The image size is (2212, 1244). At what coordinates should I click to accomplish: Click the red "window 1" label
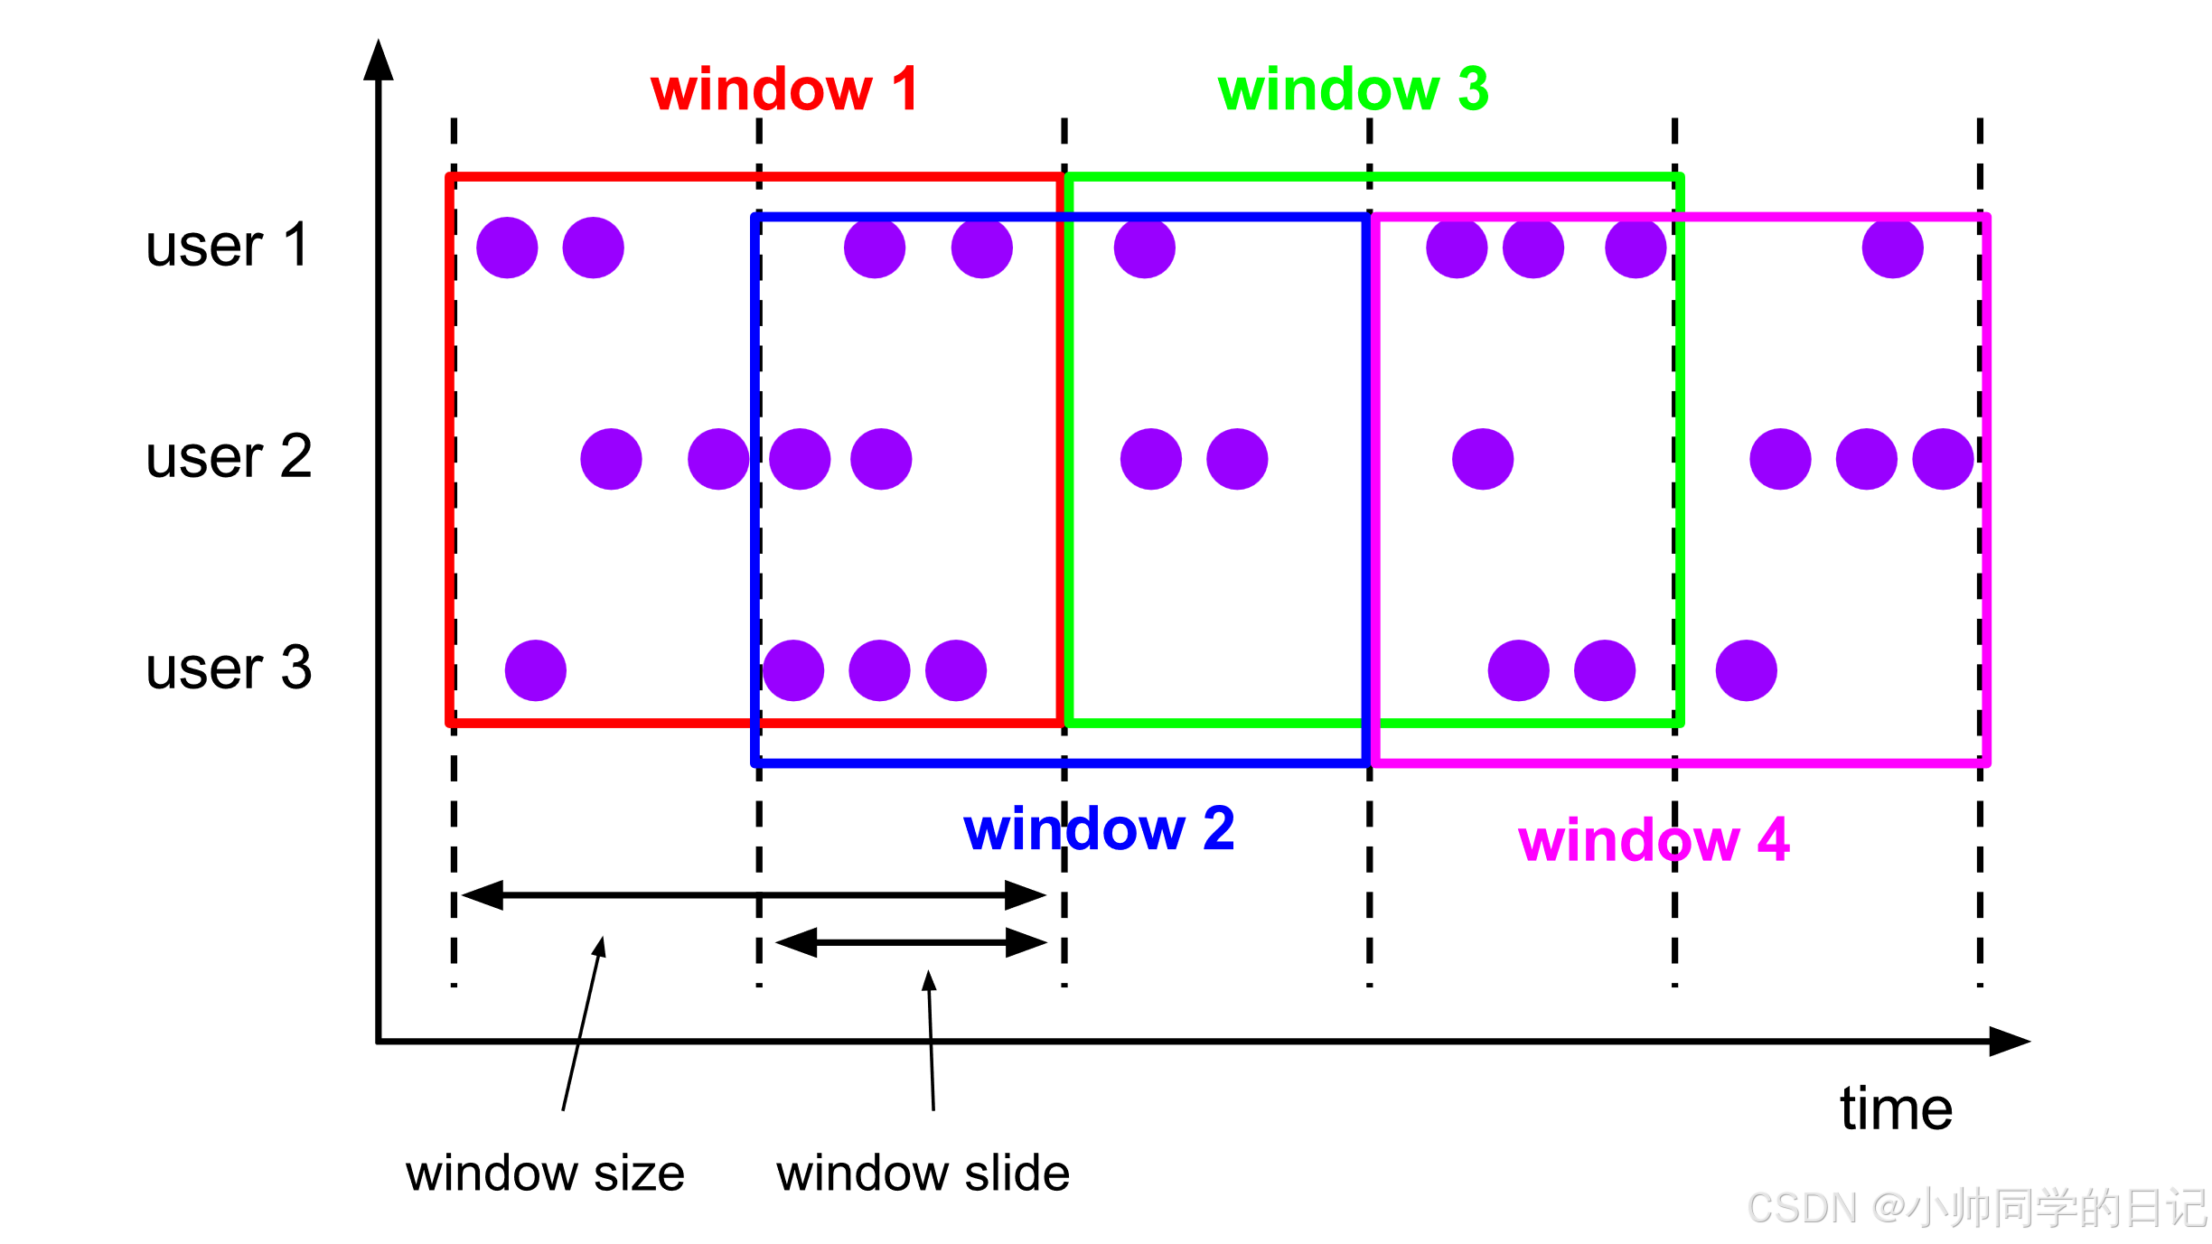coord(784,89)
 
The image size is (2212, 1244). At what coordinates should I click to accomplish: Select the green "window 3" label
coord(1353,89)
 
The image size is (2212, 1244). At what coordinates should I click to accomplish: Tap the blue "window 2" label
coord(1099,828)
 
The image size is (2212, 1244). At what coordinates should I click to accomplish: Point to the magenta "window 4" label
coord(1654,840)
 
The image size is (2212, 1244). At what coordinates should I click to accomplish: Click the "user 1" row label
coord(227,245)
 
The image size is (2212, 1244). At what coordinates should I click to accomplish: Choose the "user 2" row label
coord(229,456)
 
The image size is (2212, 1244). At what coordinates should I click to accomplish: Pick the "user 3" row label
coord(229,669)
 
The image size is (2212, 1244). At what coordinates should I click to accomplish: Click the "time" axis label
coord(1896,1108)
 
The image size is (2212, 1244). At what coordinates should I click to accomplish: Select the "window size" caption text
coord(545,1174)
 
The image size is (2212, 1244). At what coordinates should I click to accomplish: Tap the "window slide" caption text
coord(923,1174)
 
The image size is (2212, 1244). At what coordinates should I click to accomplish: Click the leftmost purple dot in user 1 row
coord(507,248)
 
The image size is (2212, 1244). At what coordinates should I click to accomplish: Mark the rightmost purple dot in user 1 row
coord(1892,248)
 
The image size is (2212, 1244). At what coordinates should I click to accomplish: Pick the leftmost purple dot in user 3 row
coord(536,670)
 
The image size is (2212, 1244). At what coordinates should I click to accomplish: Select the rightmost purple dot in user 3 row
coord(1746,670)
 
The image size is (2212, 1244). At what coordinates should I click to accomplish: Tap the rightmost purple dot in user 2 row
coord(1943,459)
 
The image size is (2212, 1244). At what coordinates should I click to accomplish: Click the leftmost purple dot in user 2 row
coord(611,459)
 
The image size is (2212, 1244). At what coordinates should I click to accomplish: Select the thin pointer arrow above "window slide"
coord(931,1039)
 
